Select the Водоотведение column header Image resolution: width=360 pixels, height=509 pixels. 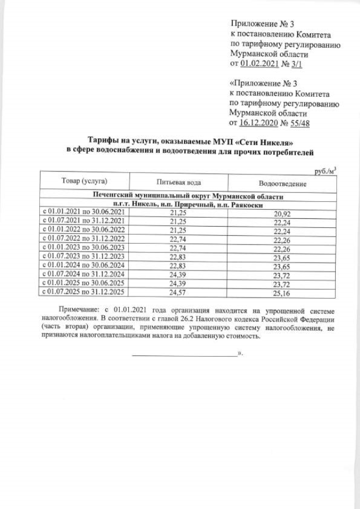tap(282, 184)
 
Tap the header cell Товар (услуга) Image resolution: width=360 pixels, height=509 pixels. tap(84, 181)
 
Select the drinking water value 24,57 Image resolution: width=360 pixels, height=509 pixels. tap(178, 292)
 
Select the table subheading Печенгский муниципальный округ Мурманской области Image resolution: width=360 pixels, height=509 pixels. tap(188, 196)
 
